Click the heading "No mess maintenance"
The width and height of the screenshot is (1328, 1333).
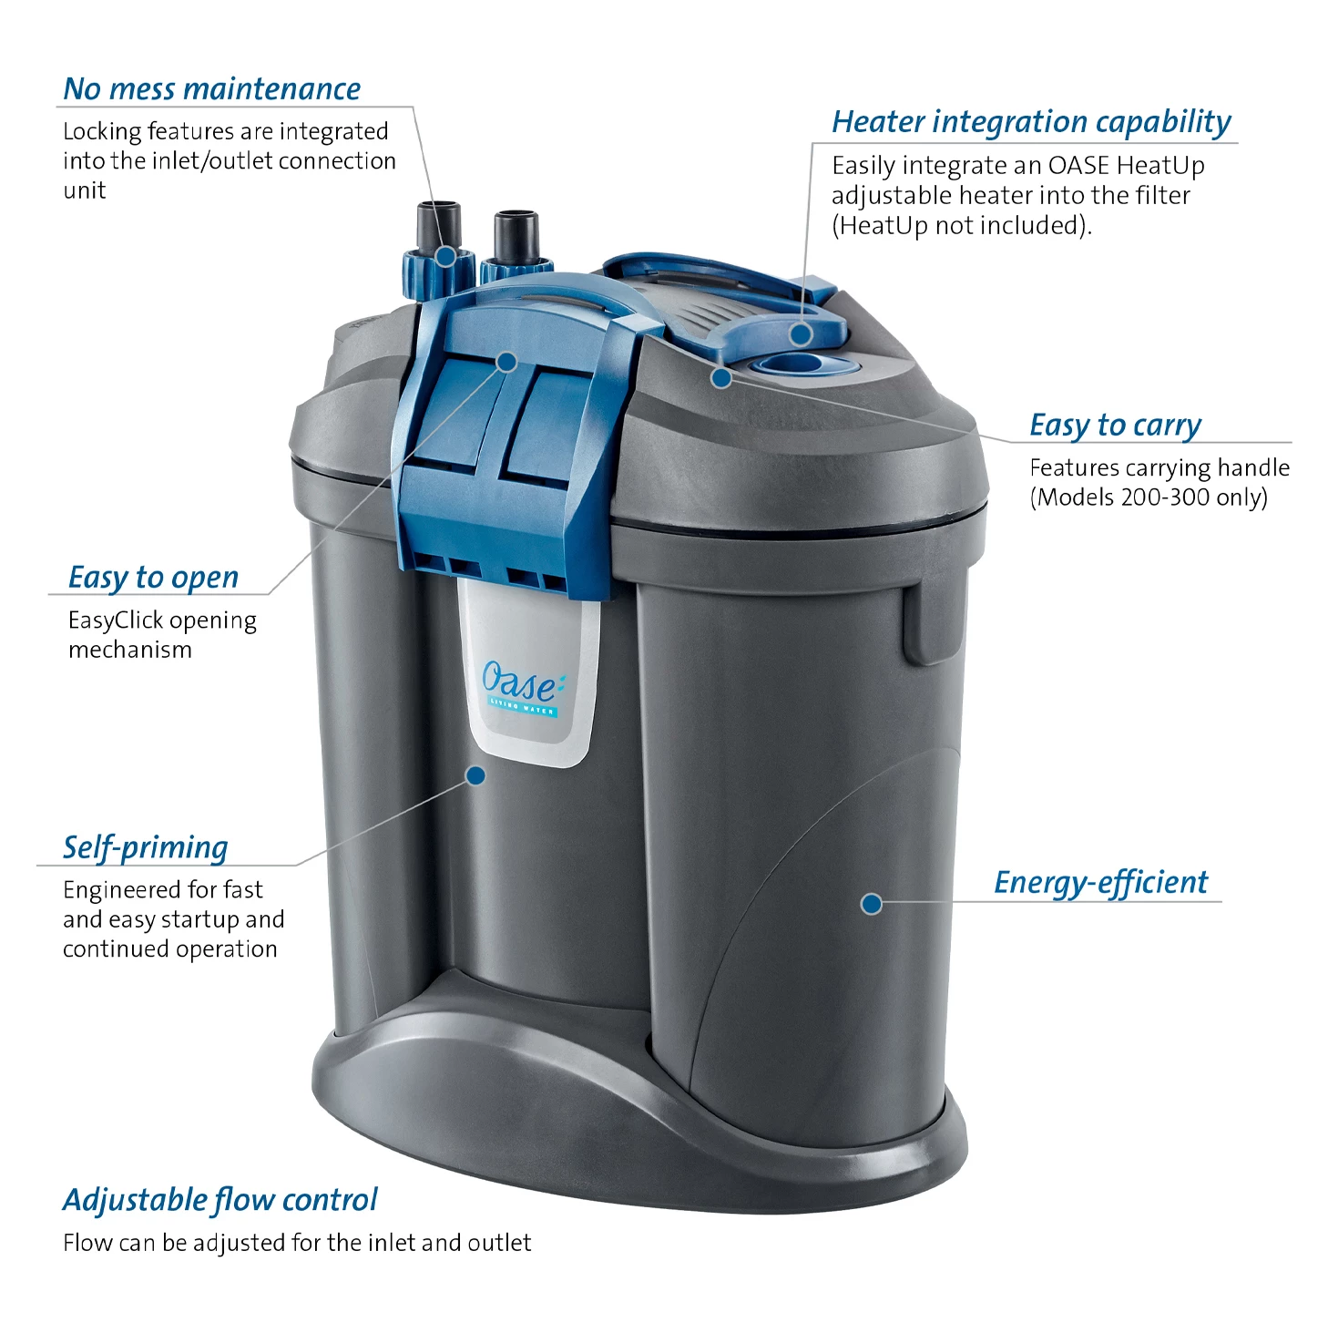[x=211, y=89]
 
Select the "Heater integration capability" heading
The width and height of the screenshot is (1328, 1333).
[x=1031, y=122]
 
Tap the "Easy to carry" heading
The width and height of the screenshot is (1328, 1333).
[x=1115, y=426]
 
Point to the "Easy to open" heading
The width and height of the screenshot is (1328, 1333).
[x=154, y=578]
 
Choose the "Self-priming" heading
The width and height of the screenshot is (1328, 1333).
[x=145, y=848]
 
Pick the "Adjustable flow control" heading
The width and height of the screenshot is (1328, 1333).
[x=220, y=1200]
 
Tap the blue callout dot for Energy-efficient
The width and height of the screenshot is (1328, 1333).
[x=872, y=904]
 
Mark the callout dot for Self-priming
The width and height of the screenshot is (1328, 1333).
[x=475, y=775]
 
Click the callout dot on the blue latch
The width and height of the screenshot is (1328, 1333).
[x=507, y=362]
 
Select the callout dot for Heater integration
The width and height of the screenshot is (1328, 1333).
[x=801, y=334]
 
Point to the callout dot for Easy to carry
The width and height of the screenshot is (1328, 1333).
[x=721, y=378]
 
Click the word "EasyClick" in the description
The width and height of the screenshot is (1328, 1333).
[x=115, y=620]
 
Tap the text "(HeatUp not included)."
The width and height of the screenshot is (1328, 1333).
[x=962, y=226]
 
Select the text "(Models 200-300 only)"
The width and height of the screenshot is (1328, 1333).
[x=1149, y=497]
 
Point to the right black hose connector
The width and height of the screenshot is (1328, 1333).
[x=516, y=237]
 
